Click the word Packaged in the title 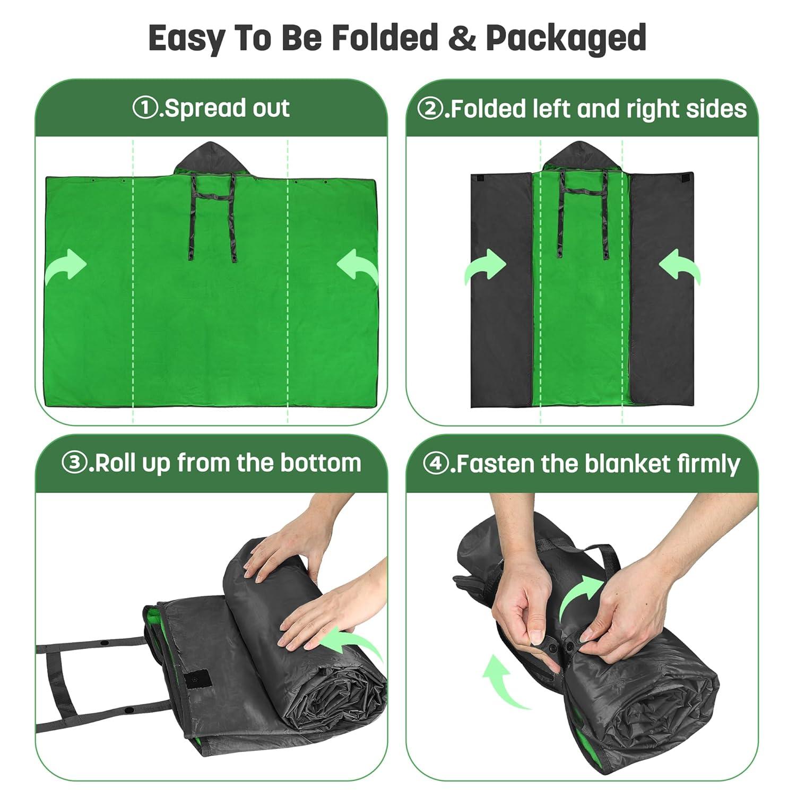pyautogui.click(x=566, y=38)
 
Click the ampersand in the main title pyautogui.click(x=462, y=38)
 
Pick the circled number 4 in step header pyautogui.click(x=435, y=463)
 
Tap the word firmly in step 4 pyautogui.click(x=708, y=464)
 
